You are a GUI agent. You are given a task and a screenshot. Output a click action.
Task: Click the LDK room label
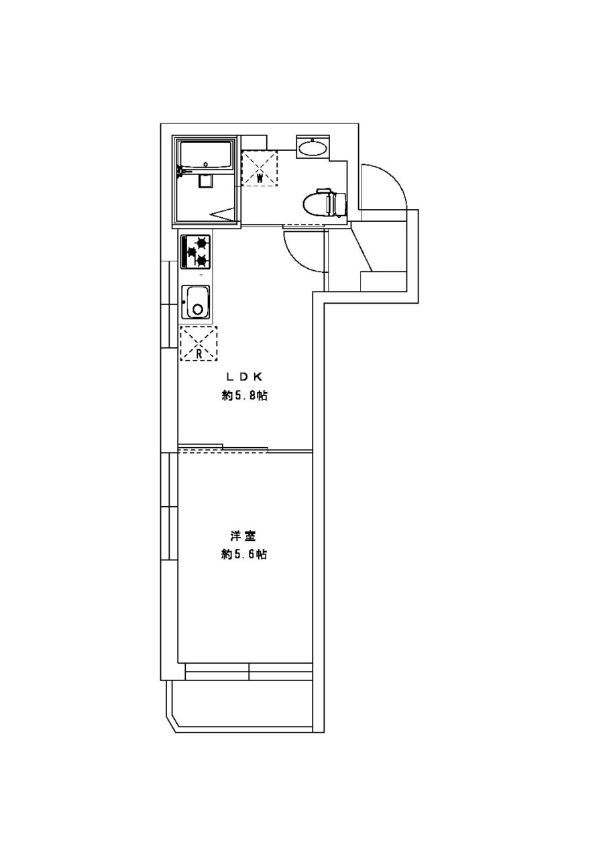[244, 377]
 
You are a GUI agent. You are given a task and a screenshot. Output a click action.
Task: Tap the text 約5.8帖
[244, 395]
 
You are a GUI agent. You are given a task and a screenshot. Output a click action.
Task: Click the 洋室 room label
[243, 536]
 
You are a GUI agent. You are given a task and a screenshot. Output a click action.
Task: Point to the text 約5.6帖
[244, 554]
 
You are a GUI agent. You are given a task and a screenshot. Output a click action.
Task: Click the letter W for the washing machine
[260, 178]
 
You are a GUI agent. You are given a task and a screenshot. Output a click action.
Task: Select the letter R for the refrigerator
[199, 353]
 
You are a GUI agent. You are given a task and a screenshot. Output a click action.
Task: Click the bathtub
[206, 155]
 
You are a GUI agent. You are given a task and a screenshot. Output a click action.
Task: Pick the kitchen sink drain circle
[198, 309]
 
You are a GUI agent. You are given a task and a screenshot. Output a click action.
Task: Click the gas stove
[196, 251]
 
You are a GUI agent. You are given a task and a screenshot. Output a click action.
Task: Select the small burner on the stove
[190, 251]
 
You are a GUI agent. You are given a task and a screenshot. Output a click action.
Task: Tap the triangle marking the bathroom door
[222, 213]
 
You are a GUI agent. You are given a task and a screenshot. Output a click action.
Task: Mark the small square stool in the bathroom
[205, 181]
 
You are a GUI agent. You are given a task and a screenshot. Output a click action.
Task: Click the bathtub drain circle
[206, 165]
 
